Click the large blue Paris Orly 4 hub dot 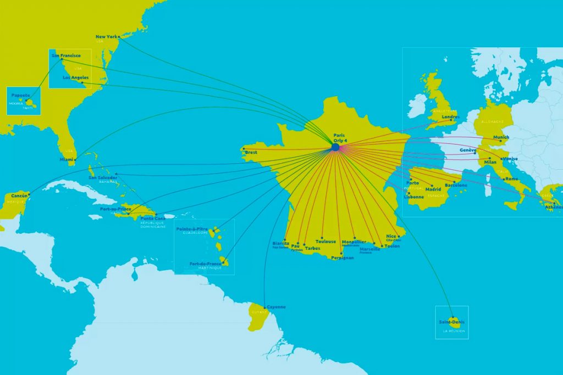coord(335,147)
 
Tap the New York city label coord(107,37)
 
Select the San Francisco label coord(66,55)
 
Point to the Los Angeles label coord(75,77)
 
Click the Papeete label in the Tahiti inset coord(20,94)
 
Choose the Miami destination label coord(68,159)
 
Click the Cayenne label coord(276,307)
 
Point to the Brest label coord(251,152)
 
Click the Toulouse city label coord(325,242)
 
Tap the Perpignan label coord(343,258)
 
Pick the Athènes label coord(553,207)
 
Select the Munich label coord(501,137)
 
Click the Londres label coord(451,116)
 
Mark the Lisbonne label coord(413,197)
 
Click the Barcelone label coord(456,185)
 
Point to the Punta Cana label coord(152,218)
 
